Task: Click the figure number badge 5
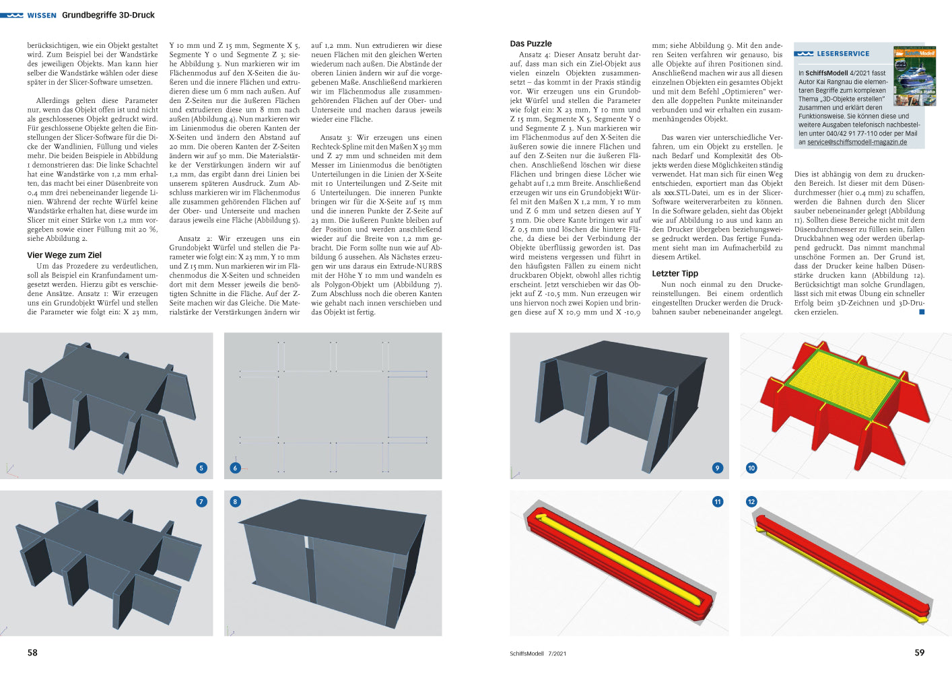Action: [201, 468]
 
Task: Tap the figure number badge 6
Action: [235, 468]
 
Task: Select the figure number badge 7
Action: [201, 501]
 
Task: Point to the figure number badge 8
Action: [235, 501]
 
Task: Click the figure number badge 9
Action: [717, 468]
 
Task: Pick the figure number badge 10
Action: [751, 468]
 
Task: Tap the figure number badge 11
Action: [717, 501]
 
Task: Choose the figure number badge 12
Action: [751, 501]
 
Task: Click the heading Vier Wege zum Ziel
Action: [65, 255]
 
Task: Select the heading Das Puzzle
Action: [531, 44]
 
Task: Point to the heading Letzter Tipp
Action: [675, 273]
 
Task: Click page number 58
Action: [32, 652]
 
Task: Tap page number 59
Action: [919, 652]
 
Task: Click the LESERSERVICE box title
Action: [843, 54]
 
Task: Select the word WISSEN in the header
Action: [42, 15]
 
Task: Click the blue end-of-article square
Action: [922, 312]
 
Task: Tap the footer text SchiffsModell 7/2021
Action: [538, 653]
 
